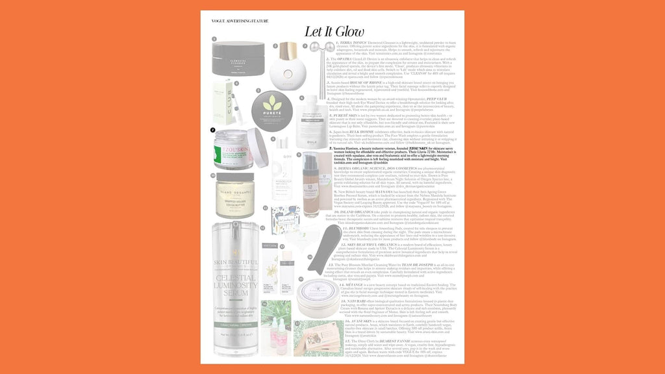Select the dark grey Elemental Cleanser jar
238,57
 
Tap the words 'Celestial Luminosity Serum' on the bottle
237,299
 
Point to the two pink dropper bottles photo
275,337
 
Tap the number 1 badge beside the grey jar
214,39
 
